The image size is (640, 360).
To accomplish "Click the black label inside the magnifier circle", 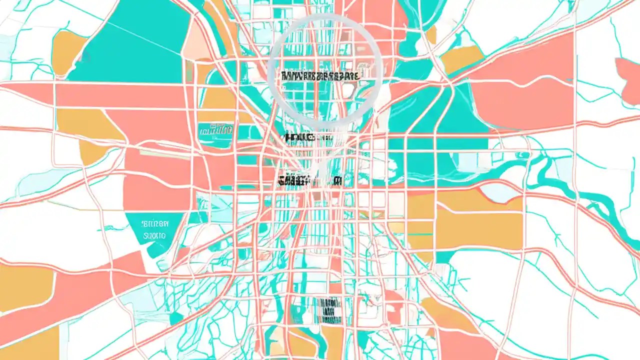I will pyautogui.click(x=320, y=76).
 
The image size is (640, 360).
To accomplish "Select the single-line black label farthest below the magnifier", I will pyautogui.click(x=310, y=180).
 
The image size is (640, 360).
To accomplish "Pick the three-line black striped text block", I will pyautogui.click(x=327, y=310).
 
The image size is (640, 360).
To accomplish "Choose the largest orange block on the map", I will pyautogui.click(x=465, y=220).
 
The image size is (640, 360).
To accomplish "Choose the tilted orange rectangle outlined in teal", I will pyautogui.click(x=462, y=59).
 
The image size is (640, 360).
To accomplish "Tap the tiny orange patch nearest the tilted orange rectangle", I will pyautogui.click(x=431, y=35).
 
